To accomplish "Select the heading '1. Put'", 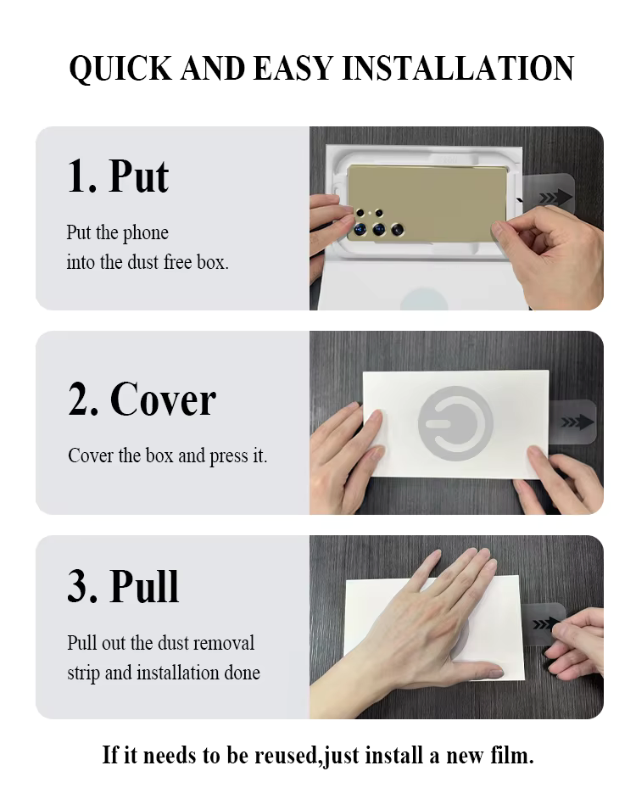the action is (x=118, y=176).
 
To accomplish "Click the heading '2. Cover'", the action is (x=142, y=399).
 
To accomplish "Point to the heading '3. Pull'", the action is (x=123, y=586).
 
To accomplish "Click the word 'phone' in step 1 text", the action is (x=146, y=233).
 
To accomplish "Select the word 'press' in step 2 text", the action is (x=229, y=456).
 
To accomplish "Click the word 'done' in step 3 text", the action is (x=242, y=673).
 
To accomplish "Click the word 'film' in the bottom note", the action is (x=511, y=755).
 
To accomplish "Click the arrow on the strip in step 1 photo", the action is (x=555, y=197).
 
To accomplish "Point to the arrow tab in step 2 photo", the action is (x=574, y=422).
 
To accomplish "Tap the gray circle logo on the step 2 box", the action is (x=455, y=423).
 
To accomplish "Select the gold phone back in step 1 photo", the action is (x=427, y=203).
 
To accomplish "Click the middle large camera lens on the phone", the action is (x=379, y=229).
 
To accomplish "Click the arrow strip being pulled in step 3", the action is (x=544, y=623).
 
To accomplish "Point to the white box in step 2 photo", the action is (x=455, y=424).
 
